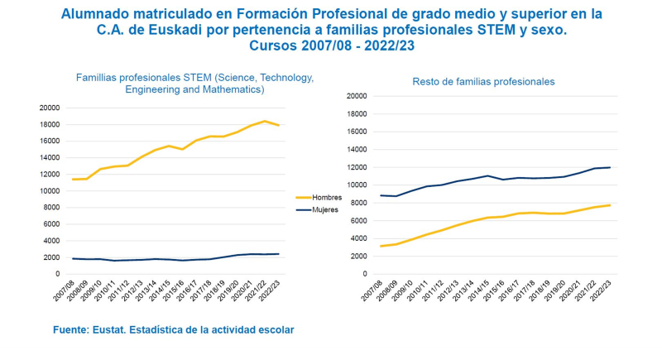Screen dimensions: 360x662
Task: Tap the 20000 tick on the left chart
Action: coord(49,108)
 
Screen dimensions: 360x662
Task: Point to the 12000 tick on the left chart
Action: coord(49,174)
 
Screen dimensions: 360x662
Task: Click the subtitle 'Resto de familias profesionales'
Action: coord(483,82)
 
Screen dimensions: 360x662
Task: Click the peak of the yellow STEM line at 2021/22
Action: coord(265,122)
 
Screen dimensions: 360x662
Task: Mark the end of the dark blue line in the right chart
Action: coord(611,167)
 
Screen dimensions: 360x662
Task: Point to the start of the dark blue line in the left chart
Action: coord(73,258)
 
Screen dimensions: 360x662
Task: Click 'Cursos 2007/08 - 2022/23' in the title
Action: coord(331,46)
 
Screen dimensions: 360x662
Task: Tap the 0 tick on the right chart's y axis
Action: coord(362,274)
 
